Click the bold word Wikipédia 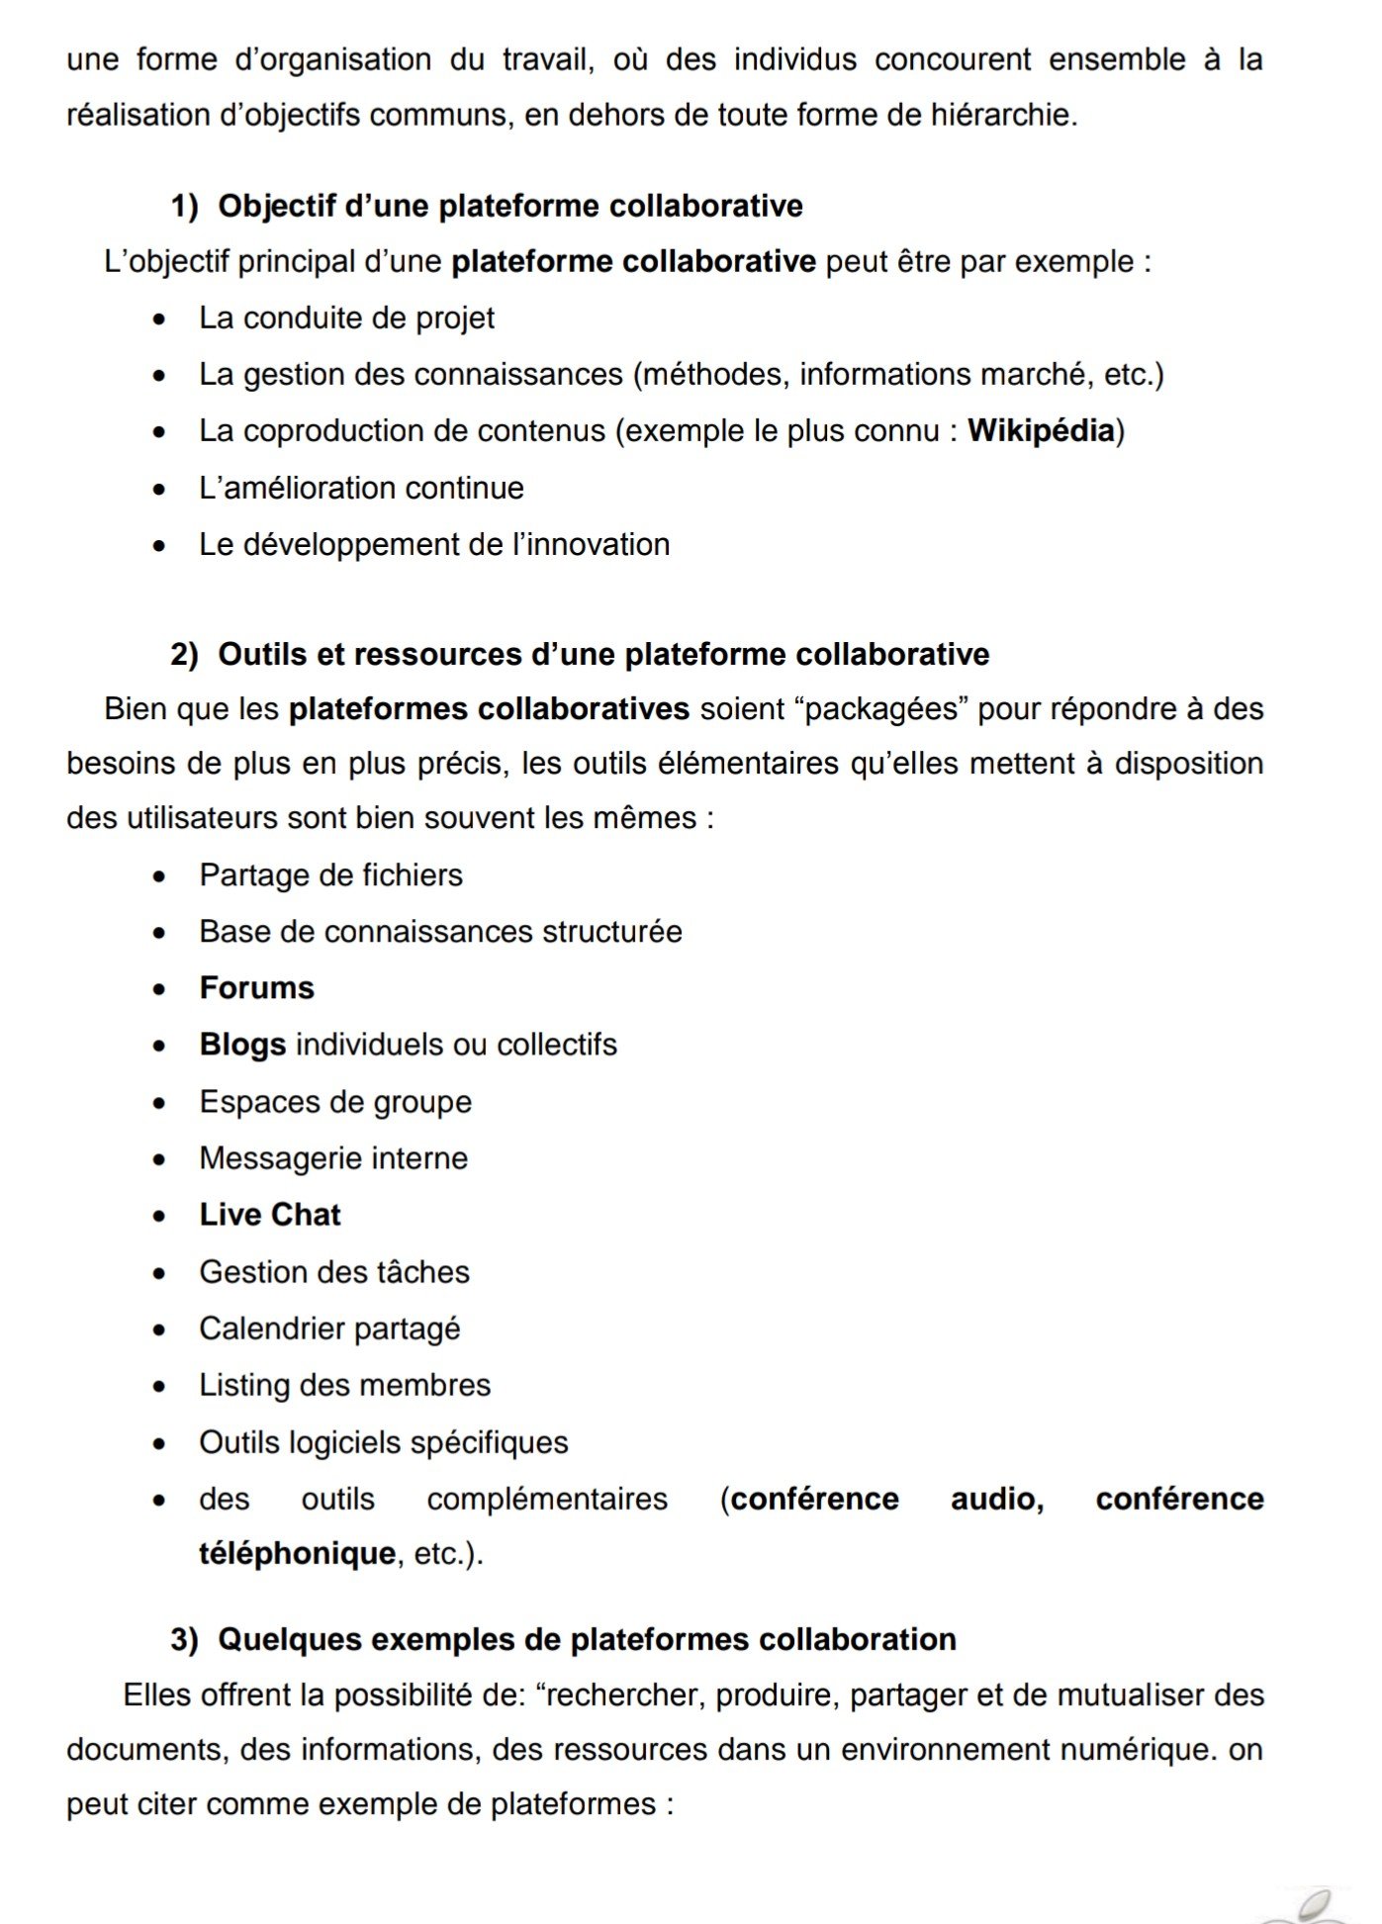(1041, 430)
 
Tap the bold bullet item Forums (256, 987)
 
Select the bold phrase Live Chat (269, 1214)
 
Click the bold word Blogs (242, 1044)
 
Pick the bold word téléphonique (297, 1553)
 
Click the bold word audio (996, 1499)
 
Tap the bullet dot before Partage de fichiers (159, 876)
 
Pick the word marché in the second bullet (1033, 374)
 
